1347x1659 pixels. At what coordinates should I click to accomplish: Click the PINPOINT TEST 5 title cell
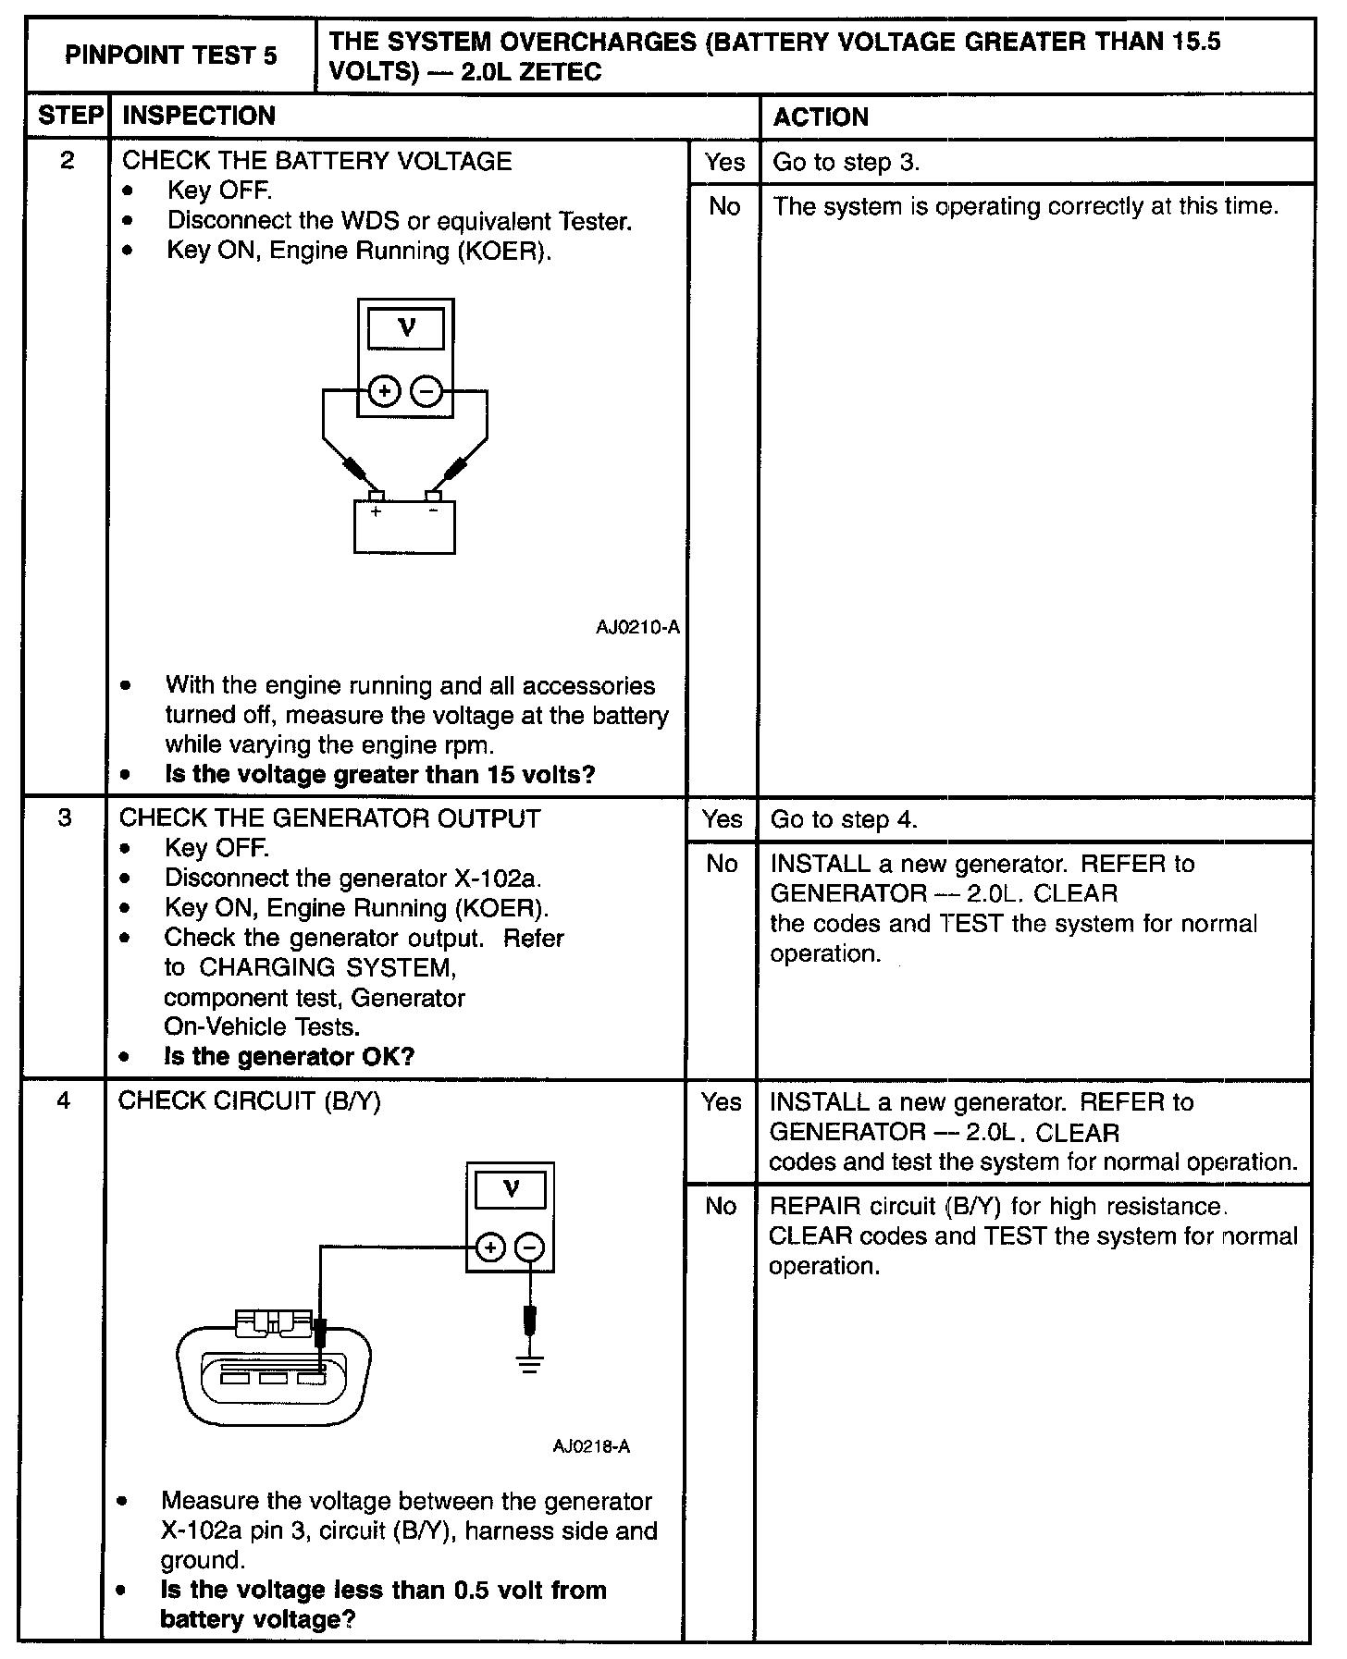(x=171, y=55)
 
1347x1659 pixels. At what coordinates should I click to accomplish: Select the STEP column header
(x=69, y=116)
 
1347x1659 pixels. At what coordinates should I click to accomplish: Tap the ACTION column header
(x=821, y=117)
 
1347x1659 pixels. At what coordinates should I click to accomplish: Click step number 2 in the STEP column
(x=67, y=161)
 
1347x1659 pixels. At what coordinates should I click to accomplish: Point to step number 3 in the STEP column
(x=65, y=818)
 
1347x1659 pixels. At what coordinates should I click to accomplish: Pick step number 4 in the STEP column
(x=64, y=1100)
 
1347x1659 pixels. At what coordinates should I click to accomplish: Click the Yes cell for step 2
(x=723, y=162)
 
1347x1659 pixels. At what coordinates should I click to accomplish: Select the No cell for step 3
(x=722, y=864)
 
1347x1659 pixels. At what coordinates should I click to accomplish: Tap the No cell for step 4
(x=720, y=1206)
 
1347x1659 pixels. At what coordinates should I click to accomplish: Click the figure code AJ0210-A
(x=637, y=627)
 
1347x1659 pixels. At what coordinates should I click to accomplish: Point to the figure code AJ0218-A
(x=591, y=1446)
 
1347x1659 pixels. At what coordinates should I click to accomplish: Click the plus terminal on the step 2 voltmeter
(x=384, y=392)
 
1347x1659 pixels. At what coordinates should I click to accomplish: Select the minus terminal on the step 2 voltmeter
(x=426, y=392)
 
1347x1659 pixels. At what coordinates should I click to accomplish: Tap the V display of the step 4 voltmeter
(x=511, y=1189)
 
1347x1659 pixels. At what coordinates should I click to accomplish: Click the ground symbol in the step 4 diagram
(x=528, y=1365)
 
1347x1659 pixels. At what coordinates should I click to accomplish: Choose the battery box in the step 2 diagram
(x=404, y=526)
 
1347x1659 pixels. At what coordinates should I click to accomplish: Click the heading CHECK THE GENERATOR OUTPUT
(x=329, y=818)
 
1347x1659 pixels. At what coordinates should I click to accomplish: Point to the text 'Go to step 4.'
(x=844, y=819)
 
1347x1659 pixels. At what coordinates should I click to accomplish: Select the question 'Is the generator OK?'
(x=289, y=1056)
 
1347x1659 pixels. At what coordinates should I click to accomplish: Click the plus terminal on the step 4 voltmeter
(x=490, y=1248)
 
